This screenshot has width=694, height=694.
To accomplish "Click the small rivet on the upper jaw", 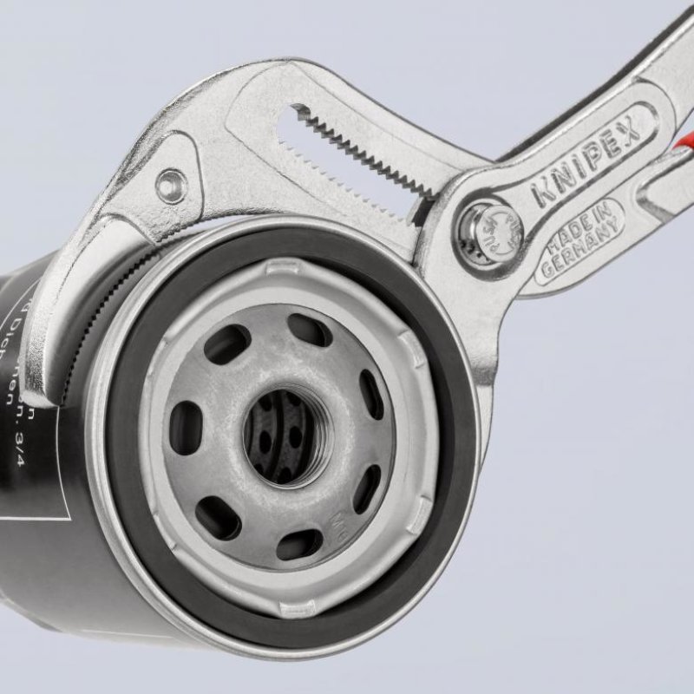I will tap(171, 183).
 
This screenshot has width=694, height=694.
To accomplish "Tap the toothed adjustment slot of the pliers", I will tap(364, 147).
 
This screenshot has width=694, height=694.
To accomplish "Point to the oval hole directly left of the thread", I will tap(185, 428).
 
